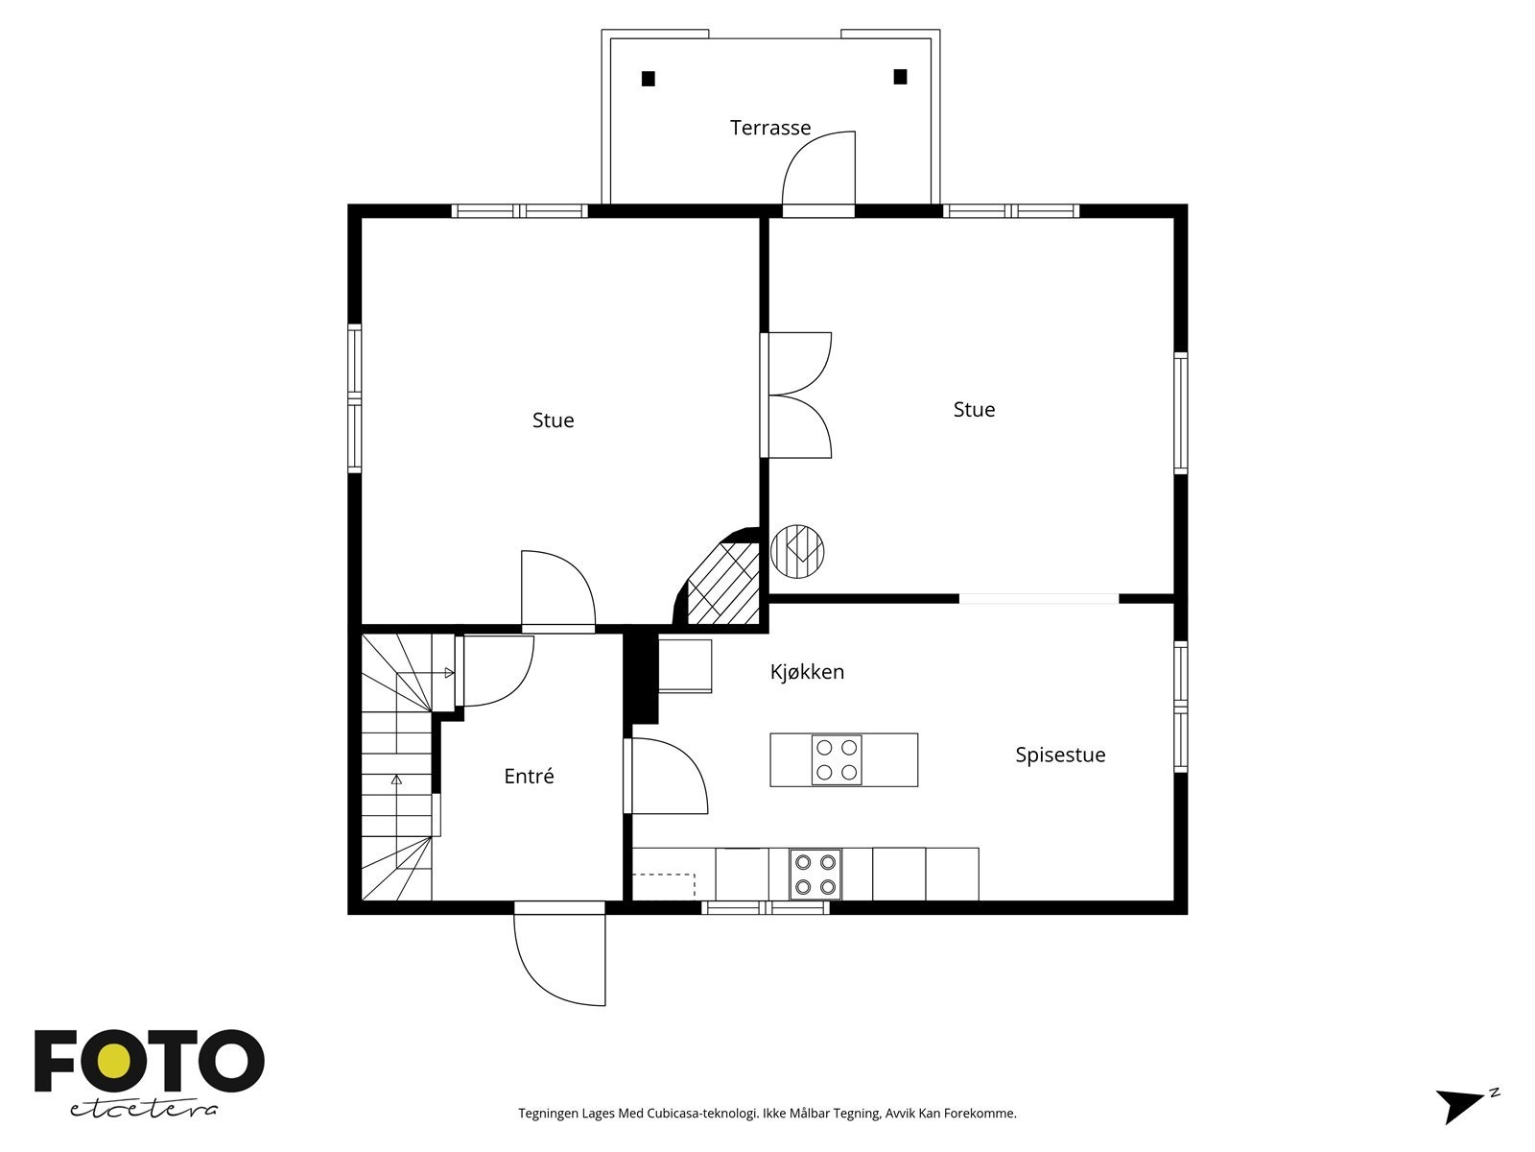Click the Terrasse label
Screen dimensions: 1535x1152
pyautogui.click(x=770, y=128)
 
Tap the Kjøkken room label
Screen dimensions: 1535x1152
pyautogui.click(x=807, y=672)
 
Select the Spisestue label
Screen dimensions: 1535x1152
pyautogui.click(x=1060, y=756)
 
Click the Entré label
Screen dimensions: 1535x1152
pyautogui.click(x=529, y=776)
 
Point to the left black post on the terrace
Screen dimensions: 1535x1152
pyautogui.click(x=649, y=79)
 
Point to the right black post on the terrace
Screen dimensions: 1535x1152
pyautogui.click(x=900, y=77)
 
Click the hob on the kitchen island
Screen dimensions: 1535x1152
pyautogui.click(x=837, y=759)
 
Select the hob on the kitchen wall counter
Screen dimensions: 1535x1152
pyautogui.click(x=815, y=875)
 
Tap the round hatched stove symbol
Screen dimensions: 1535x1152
pyautogui.click(x=797, y=552)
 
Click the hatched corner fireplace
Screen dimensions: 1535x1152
pyautogui.click(x=723, y=584)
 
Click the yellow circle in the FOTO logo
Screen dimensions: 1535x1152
pyautogui.click(x=115, y=1062)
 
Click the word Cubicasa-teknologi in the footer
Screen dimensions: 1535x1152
pyautogui.click(x=703, y=1114)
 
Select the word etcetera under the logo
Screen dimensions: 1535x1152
pyautogui.click(x=143, y=1110)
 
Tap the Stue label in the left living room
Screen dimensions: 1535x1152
pyautogui.click(x=554, y=420)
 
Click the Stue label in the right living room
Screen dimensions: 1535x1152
pyautogui.click(x=974, y=410)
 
